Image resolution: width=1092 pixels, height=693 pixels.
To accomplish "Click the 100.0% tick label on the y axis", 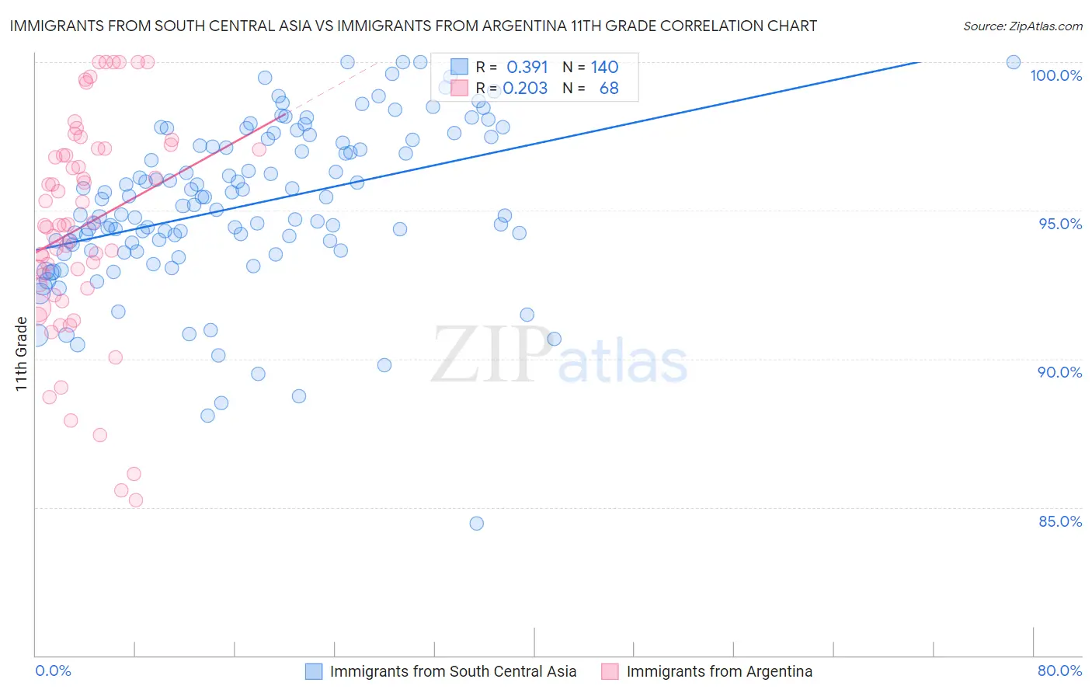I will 1055,75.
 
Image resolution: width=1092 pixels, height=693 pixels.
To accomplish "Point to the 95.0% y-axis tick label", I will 1060,224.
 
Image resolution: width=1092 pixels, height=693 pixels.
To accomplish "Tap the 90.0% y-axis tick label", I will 1059,372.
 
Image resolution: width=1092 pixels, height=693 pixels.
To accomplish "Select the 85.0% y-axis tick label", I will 1060,521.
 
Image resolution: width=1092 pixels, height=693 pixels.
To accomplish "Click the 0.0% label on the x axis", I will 53,670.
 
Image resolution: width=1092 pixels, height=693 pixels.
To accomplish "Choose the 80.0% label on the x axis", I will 1059,670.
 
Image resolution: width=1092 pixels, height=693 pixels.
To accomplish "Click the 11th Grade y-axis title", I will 21,353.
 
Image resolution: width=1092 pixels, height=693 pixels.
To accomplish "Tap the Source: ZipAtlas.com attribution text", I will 1022,26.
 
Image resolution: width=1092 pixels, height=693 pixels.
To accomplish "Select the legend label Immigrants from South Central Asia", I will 453,671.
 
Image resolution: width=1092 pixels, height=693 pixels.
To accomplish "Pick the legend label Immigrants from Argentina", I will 719,671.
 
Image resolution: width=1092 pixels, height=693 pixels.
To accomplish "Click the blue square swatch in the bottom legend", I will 314,671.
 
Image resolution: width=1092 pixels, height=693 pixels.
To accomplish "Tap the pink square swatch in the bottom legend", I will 610,671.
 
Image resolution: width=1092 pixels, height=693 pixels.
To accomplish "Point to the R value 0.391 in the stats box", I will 527,68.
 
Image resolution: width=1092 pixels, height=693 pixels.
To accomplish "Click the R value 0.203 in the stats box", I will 525,89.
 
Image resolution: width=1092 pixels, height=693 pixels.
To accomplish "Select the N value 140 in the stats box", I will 604,68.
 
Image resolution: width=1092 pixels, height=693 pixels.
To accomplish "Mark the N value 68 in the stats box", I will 609,89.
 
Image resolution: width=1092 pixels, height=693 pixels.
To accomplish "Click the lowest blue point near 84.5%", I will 477,524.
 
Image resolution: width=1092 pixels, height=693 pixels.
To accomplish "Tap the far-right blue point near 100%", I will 1014,62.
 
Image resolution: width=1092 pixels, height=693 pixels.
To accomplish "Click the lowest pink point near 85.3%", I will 136,500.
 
